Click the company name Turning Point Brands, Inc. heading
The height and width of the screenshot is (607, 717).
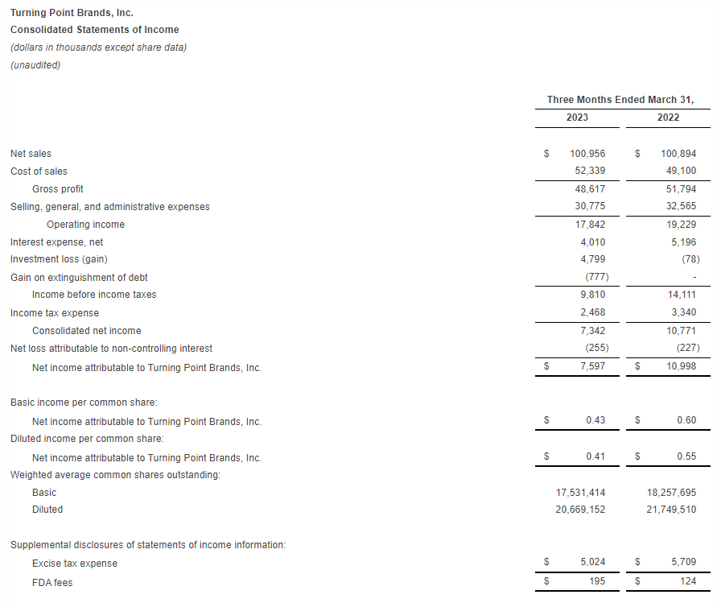click(x=72, y=13)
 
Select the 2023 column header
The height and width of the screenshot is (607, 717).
click(x=577, y=118)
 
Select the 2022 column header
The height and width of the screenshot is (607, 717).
click(x=668, y=118)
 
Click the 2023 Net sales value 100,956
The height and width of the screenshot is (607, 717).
click(x=587, y=154)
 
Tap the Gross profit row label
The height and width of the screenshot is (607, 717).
click(x=58, y=189)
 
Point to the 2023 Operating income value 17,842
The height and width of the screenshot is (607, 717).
click(x=589, y=225)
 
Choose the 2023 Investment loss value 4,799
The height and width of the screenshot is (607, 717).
click(x=591, y=259)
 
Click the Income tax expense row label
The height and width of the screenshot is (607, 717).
click(x=55, y=313)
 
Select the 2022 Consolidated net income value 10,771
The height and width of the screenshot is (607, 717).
click(x=681, y=331)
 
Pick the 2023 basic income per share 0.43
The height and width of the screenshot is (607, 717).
click(x=595, y=420)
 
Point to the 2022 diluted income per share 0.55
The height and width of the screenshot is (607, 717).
click(x=686, y=457)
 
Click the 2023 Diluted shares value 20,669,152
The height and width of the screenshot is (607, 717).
click(x=580, y=510)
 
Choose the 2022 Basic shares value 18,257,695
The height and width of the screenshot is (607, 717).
click(x=671, y=492)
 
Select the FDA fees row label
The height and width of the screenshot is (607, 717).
click(x=52, y=582)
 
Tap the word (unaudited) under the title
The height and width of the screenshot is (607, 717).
click(x=35, y=65)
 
